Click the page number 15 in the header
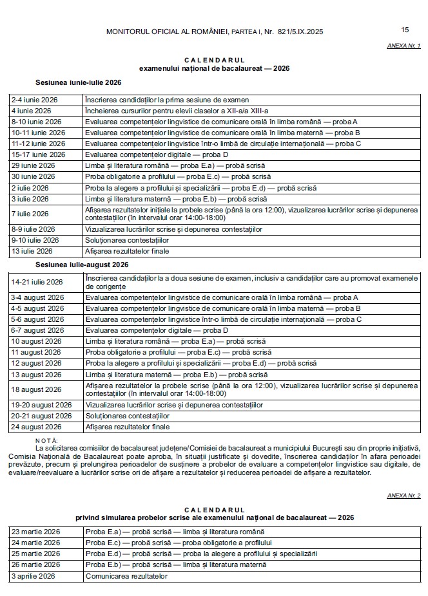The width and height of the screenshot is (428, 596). click(405, 30)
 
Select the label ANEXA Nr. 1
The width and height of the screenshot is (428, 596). click(404, 46)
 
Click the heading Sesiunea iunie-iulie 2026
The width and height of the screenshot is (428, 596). click(78, 83)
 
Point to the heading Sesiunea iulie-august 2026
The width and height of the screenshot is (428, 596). click(82, 265)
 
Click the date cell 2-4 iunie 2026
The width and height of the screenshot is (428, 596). click(35, 100)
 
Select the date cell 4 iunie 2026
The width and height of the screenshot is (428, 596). click(30, 111)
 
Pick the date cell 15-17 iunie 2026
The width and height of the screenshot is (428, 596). click(38, 154)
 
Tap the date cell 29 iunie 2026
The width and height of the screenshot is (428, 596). click(33, 165)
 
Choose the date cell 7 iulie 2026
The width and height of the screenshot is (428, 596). click(30, 214)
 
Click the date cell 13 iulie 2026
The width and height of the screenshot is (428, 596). click(32, 250)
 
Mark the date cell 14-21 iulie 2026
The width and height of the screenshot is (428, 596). click(37, 282)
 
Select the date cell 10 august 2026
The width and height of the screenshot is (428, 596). click(36, 341)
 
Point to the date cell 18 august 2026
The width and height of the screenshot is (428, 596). click(36, 389)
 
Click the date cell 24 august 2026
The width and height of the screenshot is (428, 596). click(36, 427)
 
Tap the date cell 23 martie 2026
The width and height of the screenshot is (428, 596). click(35, 532)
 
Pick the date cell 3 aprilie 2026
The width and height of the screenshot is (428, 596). click(34, 576)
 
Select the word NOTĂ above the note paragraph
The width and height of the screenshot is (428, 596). click(48, 440)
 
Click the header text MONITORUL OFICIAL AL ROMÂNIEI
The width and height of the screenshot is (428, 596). click(171, 31)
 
